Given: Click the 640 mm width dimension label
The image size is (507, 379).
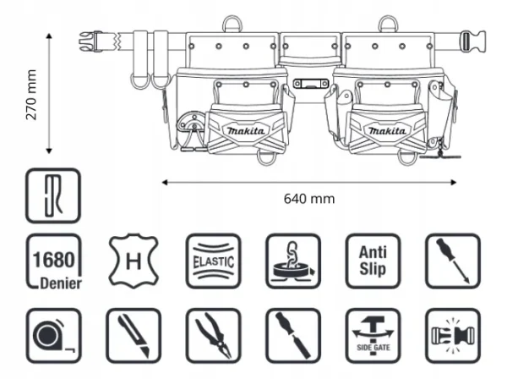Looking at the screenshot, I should (x=309, y=198).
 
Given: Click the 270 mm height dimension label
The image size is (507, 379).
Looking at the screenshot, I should (x=32, y=95).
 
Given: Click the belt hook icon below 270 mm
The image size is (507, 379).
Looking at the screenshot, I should (x=54, y=195).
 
